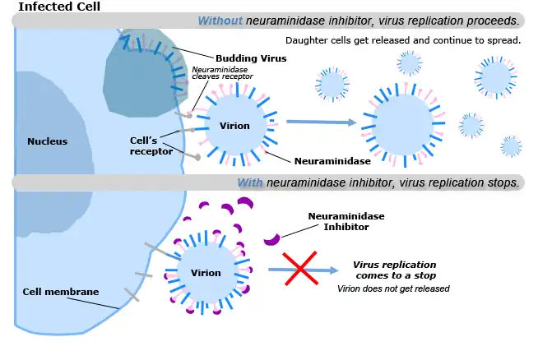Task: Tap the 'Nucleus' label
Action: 47,141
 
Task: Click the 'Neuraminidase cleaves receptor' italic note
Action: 222,73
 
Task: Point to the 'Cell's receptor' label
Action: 151,145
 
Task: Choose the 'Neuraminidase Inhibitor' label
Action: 346,221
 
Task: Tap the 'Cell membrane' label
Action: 61,291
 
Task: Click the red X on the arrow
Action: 300,269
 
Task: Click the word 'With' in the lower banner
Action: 250,182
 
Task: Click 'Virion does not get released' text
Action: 393,289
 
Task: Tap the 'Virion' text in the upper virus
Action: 234,127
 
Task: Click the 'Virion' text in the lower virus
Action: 206,273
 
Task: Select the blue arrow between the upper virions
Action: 321,122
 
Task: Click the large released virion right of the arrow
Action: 403,122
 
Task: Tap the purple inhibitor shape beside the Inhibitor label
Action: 271,239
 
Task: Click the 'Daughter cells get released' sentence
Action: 402,40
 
